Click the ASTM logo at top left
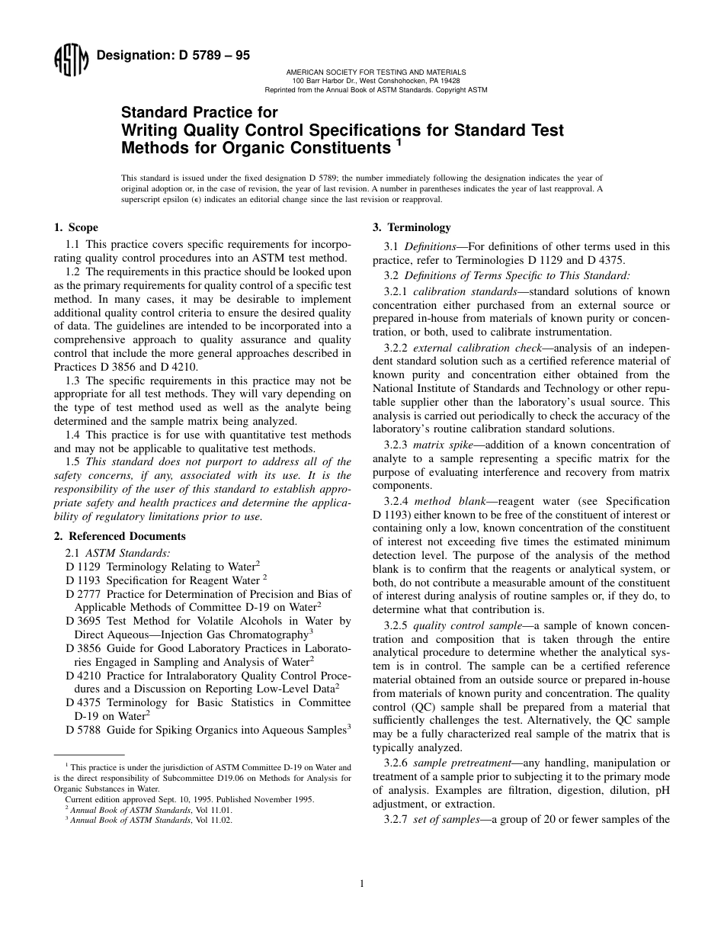(x=70, y=61)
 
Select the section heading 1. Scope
(x=75, y=227)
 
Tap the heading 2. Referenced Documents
(x=120, y=536)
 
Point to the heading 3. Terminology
(x=412, y=227)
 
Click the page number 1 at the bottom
(x=362, y=884)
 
